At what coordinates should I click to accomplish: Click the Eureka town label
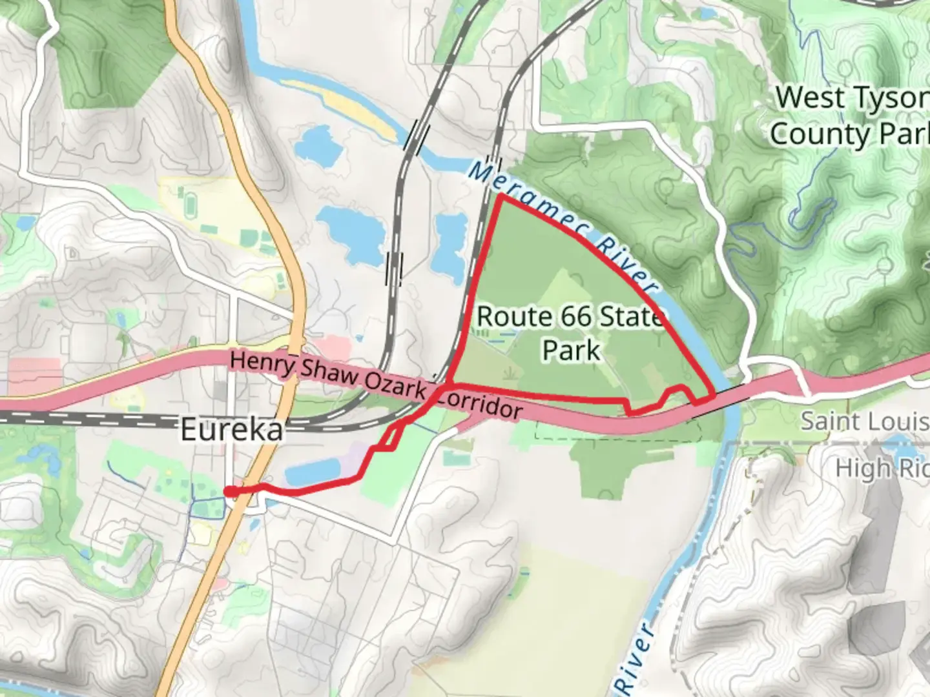coord(232,429)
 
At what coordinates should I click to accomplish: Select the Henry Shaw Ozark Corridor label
coord(375,385)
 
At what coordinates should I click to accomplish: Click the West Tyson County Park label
coord(849,116)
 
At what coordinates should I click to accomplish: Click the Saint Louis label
coord(864,421)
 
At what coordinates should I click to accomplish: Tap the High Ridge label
coord(882,469)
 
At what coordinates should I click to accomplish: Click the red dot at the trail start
coord(229,492)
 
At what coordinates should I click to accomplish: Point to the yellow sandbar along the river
coord(339,106)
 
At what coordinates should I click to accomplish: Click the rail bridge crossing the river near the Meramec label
coord(494,165)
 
